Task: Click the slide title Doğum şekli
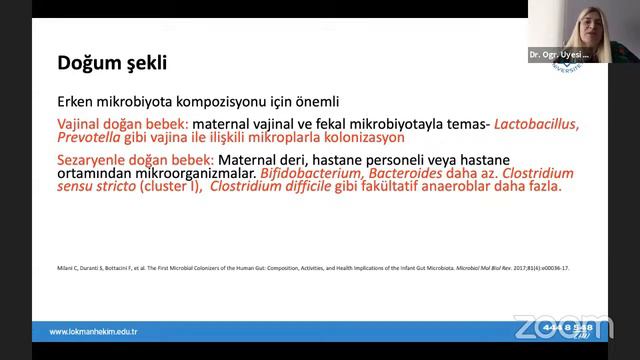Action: pos(111,64)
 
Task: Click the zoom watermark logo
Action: pos(562,327)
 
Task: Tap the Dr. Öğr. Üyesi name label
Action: pos(559,56)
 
